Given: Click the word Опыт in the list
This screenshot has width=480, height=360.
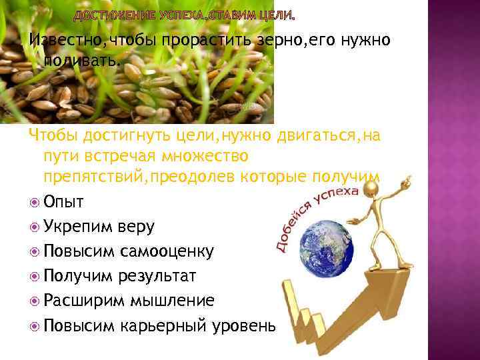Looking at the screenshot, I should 67,201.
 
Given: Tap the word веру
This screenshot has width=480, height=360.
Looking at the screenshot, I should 137,226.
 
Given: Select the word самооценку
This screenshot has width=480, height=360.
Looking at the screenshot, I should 167,251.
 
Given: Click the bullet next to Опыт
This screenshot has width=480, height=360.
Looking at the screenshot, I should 35,201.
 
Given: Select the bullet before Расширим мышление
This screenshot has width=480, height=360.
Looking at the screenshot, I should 35,301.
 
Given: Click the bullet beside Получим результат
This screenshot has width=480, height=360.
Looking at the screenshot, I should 35,276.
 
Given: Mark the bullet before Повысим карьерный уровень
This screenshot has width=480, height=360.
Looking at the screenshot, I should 35,325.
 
